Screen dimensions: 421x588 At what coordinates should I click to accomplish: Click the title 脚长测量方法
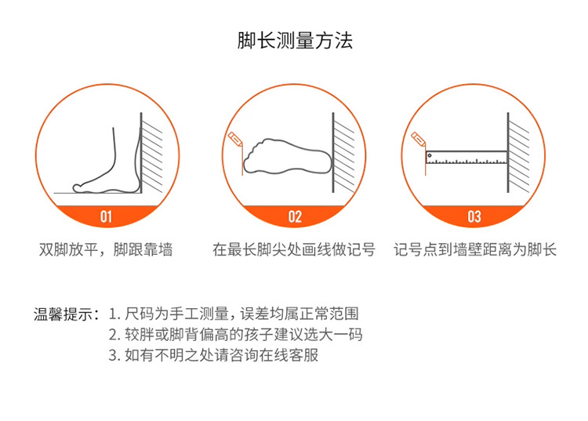click(x=295, y=40)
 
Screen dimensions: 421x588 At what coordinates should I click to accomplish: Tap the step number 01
click(x=107, y=216)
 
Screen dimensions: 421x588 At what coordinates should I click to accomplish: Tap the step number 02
click(x=295, y=216)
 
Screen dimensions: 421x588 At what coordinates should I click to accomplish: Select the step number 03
click(x=474, y=216)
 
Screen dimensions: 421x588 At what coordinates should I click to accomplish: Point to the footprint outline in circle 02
click(x=285, y=157)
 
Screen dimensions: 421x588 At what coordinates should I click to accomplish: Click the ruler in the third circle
click(x=466, y=158)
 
